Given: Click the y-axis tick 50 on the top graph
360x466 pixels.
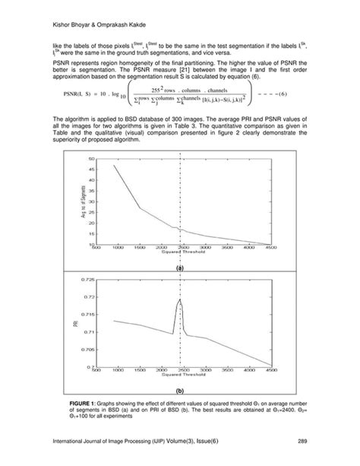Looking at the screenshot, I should click(91, 159).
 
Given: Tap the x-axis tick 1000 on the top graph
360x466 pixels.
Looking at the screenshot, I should click(118, 248).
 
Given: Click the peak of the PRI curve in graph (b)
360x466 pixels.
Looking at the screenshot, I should click(180, 300).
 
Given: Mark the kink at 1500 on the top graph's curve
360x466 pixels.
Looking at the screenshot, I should click(141, 208).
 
